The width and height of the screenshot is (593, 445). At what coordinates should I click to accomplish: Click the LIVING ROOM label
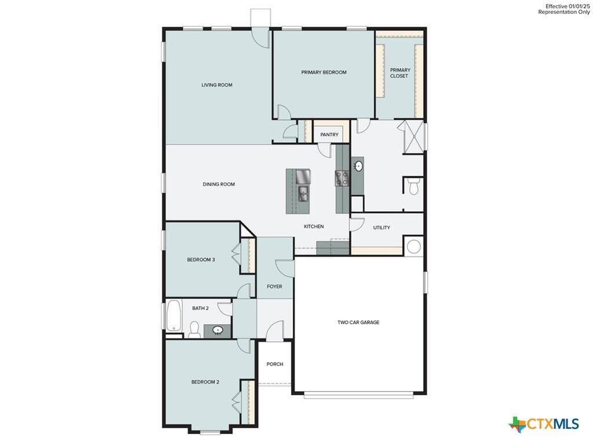(217, 85)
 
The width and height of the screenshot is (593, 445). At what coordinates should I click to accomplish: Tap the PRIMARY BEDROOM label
(323, 73)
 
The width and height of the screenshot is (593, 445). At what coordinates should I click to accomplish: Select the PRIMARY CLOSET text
(400, 73)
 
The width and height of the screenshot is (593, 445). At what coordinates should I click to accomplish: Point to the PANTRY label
(329, 135)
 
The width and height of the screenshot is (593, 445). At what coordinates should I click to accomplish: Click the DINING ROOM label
(219, 184)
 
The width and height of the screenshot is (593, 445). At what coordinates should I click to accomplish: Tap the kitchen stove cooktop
(342, 179)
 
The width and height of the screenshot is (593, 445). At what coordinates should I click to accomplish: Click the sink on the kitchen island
(303, 193)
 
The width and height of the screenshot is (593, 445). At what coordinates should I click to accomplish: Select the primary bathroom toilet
(414, 186)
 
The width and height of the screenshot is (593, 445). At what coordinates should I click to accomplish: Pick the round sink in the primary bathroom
(358, 166)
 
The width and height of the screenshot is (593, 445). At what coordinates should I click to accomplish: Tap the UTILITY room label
(381, 228)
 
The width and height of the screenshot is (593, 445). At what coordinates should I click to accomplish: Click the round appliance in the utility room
(413, 247)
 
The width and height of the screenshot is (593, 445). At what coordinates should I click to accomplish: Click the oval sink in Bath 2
(217, 331)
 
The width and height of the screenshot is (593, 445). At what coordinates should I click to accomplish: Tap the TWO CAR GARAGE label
(358, 323)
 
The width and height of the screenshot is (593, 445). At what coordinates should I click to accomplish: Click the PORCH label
(275, 364)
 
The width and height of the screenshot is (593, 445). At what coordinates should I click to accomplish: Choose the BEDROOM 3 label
(201, 259)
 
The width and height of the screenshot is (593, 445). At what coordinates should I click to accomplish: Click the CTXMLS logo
(544, 424)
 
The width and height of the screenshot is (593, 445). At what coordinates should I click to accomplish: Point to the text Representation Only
(564, 12)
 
